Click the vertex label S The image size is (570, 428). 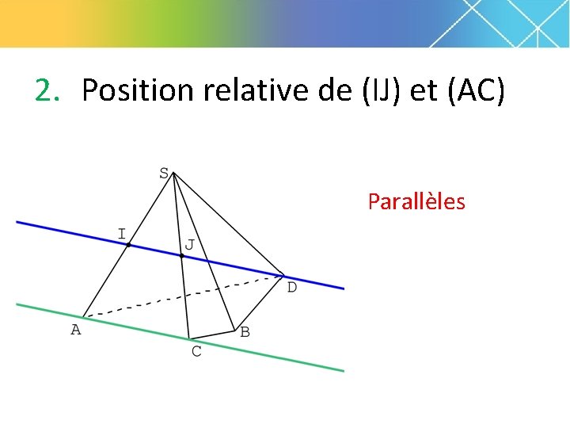click(163, 173)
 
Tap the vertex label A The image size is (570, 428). click(76, 330)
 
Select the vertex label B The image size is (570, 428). click(245, 332)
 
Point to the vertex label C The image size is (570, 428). click(196, 351)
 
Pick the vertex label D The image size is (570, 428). click(291, 288)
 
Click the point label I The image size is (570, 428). click(121, 233)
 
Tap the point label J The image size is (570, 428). click(189, 245)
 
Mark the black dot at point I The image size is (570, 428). click(128, 245)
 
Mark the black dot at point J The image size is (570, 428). click(181, 256)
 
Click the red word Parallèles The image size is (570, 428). click(416, 202)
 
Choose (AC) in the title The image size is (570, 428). click(475, 91)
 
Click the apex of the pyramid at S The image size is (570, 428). click(172, 174)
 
